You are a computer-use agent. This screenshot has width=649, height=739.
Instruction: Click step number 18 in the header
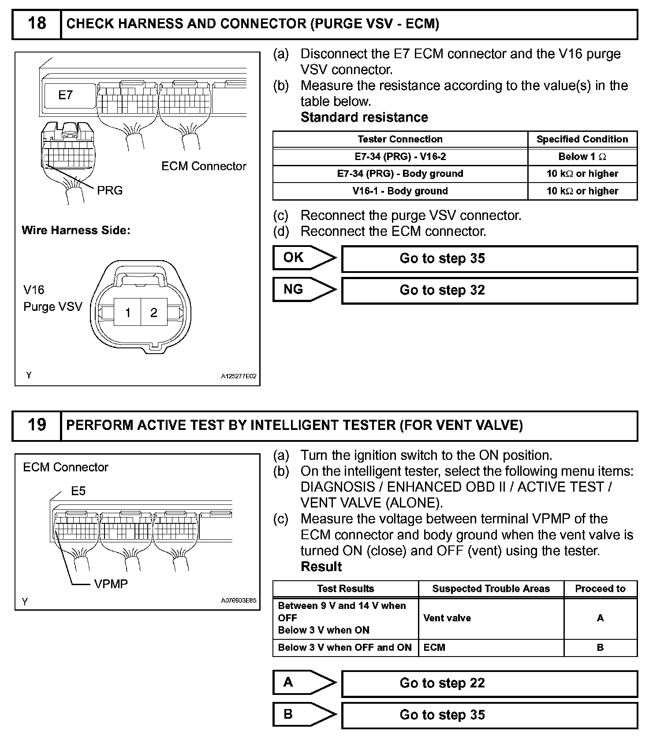(37, 24)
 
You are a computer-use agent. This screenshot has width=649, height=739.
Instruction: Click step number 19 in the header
(37, 425)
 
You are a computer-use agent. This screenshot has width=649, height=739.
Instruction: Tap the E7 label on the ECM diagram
(65, 95)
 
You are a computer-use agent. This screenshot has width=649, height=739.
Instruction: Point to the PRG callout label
(110, 190)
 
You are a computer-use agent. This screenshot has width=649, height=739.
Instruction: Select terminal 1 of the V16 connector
(127, 313)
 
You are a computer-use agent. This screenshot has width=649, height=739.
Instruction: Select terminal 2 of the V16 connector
(153, 313)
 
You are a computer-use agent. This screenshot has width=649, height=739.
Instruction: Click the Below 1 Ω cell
(582, 157)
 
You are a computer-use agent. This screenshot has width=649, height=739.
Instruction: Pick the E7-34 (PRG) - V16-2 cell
(400, 157)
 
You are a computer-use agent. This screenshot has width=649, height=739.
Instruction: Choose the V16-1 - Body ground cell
(400, 191)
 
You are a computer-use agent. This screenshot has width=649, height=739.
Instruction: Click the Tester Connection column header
(400, 139)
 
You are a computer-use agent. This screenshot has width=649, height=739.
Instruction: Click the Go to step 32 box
(489, 290)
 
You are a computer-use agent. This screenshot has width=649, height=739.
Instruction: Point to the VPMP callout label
(111, 584)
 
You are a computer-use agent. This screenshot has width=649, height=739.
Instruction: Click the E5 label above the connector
(78, 491)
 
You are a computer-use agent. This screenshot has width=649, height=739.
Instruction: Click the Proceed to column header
(600, 589)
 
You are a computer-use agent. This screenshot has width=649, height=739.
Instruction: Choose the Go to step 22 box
(489, 683)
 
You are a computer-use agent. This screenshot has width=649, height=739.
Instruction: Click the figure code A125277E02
(239, 377)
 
